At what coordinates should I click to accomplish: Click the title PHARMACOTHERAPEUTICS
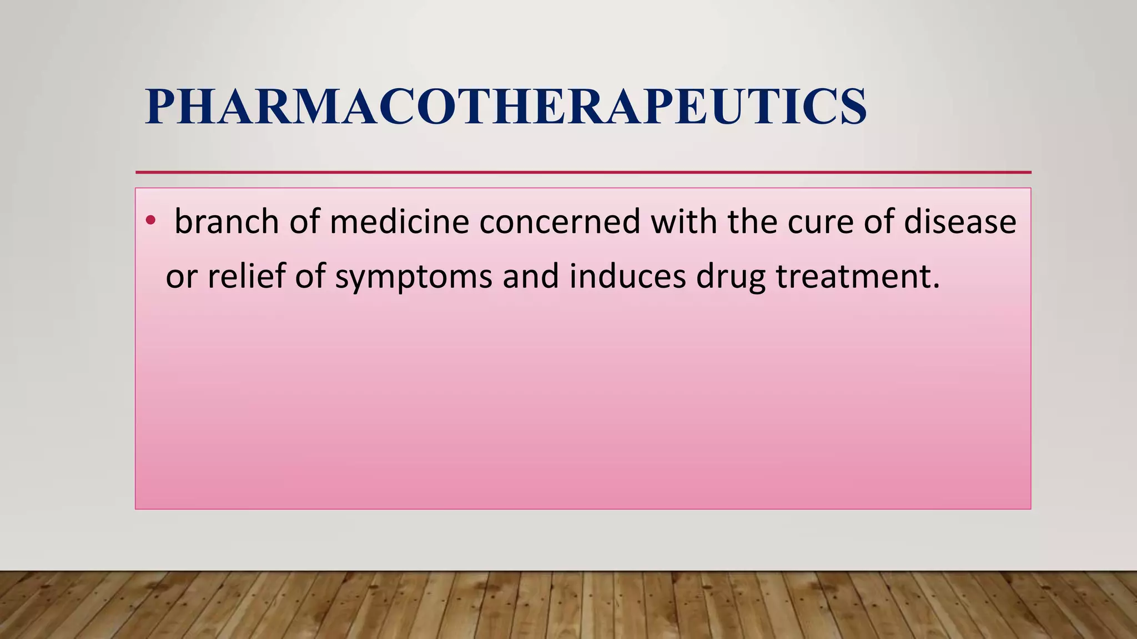[505, 106]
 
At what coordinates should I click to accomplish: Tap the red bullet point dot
[150, 221]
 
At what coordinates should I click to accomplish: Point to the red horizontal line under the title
[583, 173]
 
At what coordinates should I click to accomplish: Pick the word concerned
[560, 221]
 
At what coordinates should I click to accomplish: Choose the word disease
[960, 221]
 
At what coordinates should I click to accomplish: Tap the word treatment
[858, 276]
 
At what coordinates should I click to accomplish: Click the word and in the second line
[531, 276]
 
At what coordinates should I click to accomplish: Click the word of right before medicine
[305, 221]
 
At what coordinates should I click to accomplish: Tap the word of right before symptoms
[310, 276]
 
